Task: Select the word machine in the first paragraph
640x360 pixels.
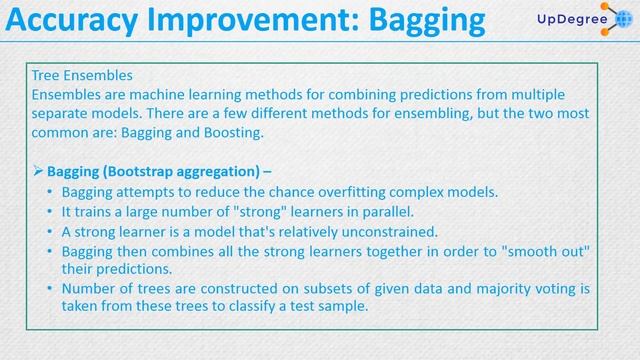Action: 140,93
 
